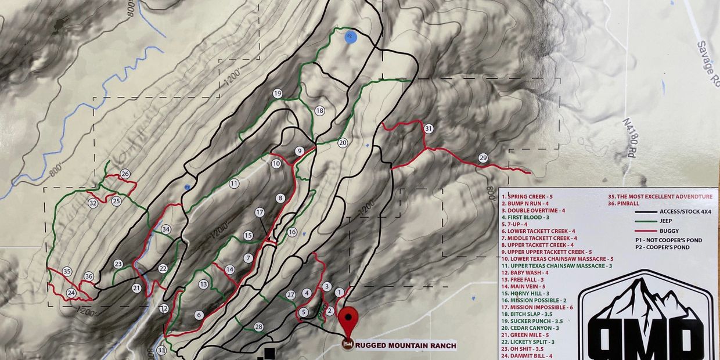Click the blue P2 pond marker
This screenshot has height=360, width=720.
point(350,37)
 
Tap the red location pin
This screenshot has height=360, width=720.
point(348,319)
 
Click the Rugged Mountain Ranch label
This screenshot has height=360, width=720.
point(405,345)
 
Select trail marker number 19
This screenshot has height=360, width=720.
point(278,93)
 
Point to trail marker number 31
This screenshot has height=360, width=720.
point(429,128)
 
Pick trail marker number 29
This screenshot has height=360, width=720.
point(483,158)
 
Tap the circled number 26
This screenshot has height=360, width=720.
point(125,174)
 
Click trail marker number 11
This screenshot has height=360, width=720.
point(234,183)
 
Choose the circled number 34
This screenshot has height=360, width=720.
point(166,229)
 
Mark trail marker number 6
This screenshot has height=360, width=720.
point(199,315)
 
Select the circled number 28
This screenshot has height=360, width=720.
point(258,327)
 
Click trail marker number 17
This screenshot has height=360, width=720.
point(260,213)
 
